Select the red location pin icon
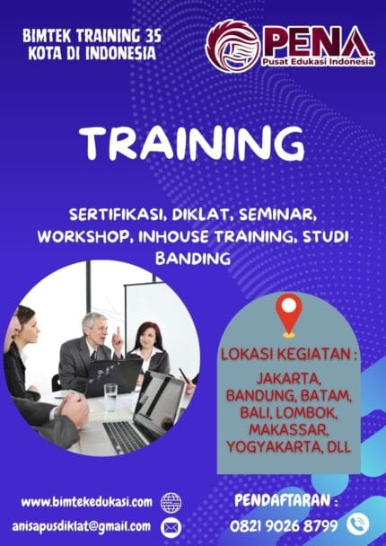click(288, 313)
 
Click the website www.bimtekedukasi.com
click(87, 501)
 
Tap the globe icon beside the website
click(171, 501)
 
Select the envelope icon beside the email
click(171, 526)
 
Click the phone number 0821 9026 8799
click(283, 523)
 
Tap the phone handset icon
click(357, 522)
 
